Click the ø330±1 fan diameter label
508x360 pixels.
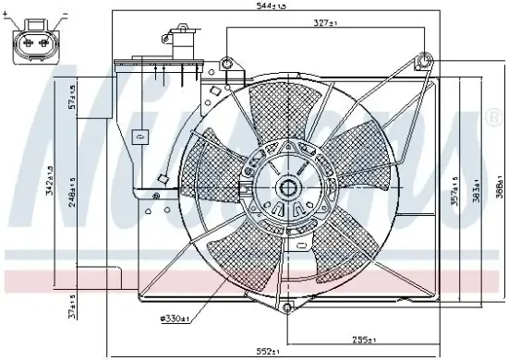[174, 318]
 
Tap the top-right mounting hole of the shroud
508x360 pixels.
[424, 62]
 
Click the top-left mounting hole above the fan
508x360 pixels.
[227, 63]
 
